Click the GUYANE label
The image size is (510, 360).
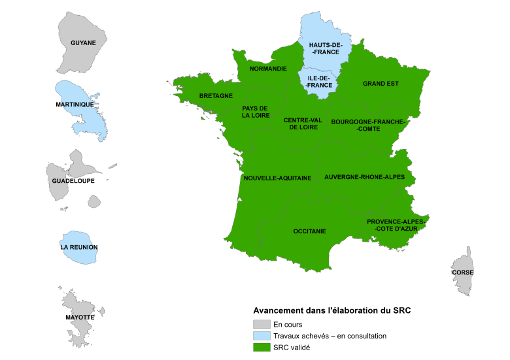(x=83, y=43)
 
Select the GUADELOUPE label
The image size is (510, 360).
(x=70, y=181)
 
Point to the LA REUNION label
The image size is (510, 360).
(x=78, y=248)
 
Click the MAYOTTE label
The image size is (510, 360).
(x=80, y=317)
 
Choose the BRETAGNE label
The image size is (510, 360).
(x=216, y=95)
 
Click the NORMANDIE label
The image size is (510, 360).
(x=269, y=68)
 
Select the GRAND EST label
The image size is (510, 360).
(x=381, y=84)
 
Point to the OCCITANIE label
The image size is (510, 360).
(x=310, y=231)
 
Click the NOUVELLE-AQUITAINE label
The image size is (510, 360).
(x=277, y=178)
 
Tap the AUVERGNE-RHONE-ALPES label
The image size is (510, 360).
(x=364, y=177)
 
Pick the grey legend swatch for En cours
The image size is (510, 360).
(x=262, y=324)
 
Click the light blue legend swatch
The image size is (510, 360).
(x=262, y=336)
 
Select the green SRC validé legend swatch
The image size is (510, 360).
(x=262, y=348)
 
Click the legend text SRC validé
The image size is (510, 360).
(x=292, y=348)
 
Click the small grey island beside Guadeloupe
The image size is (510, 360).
(x=94, y=201)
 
